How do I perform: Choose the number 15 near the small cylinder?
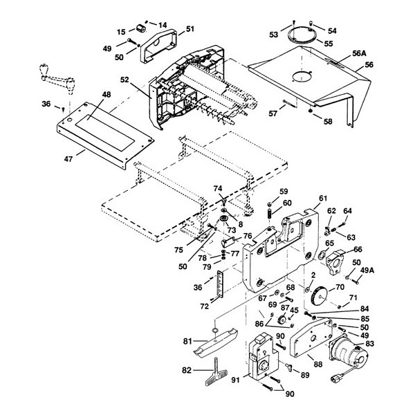pos(121,32)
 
